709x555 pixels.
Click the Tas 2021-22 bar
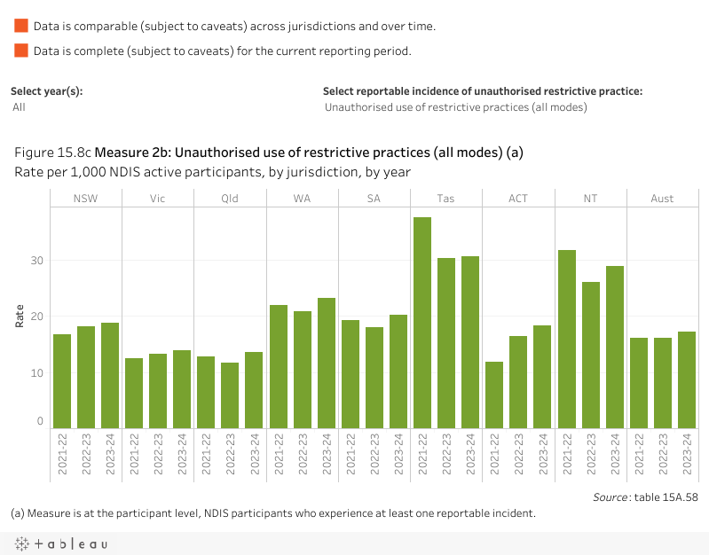pos(422,323)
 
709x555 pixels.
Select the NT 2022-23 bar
pos(590,355)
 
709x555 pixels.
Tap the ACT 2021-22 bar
pos(494,395)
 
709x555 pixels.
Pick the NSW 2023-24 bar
pos(110,375)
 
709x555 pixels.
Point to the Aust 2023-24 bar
pos(686,379)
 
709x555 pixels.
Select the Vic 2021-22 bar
pos(134,393)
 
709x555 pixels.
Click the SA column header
pos(374,199)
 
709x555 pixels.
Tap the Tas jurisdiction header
pos(445,199)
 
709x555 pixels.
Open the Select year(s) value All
pos(20,107)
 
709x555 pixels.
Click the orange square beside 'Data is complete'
pos(21,51)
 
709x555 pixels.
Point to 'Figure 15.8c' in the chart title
pos(53,152)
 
